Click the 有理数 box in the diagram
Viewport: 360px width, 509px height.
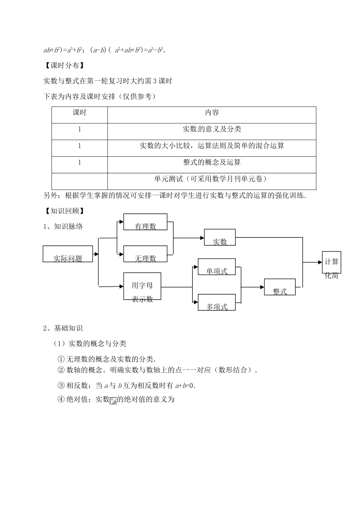(146, 222)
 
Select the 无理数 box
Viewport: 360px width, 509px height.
(146, 254)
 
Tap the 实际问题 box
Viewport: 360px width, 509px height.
(68, 254)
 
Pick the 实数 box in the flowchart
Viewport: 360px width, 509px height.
(220, 237)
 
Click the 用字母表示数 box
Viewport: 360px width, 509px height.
(142, 286)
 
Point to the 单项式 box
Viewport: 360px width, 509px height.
(217, 267)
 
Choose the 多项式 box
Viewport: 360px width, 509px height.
(217, 302)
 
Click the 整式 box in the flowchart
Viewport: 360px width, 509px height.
(280, 287)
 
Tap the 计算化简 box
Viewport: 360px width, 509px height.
(332, 262)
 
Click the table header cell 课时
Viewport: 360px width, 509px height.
(80, 113)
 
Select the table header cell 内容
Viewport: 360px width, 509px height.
(212, 113)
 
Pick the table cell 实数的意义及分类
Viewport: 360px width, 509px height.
(212, 129)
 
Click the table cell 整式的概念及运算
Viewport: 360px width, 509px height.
(212, 162)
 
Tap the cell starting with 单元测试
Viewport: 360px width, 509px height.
(212, 179)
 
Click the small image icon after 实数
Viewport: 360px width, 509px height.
(113, 401)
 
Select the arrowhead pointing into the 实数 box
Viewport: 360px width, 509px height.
(202, 238)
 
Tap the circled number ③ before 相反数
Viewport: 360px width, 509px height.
(61, 386)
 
